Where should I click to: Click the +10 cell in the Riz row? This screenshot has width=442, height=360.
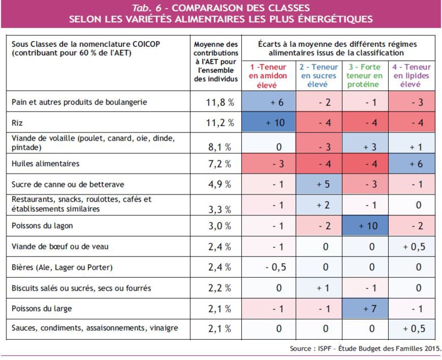[276, 123]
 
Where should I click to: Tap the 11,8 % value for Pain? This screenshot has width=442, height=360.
[220, 102]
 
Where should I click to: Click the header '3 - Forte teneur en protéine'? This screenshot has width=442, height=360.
[365, 76]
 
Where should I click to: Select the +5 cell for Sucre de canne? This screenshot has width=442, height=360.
[322, 184]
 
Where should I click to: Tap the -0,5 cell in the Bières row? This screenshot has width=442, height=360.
[276, 267]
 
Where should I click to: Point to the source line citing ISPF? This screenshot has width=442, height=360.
[364, 348]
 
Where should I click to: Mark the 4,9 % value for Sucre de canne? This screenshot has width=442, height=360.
[220, 185]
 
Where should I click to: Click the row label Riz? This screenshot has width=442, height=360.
[17, 123]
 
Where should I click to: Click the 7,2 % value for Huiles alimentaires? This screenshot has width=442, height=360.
[220, 164]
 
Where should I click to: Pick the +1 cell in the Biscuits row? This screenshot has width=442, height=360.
[322, 288]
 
